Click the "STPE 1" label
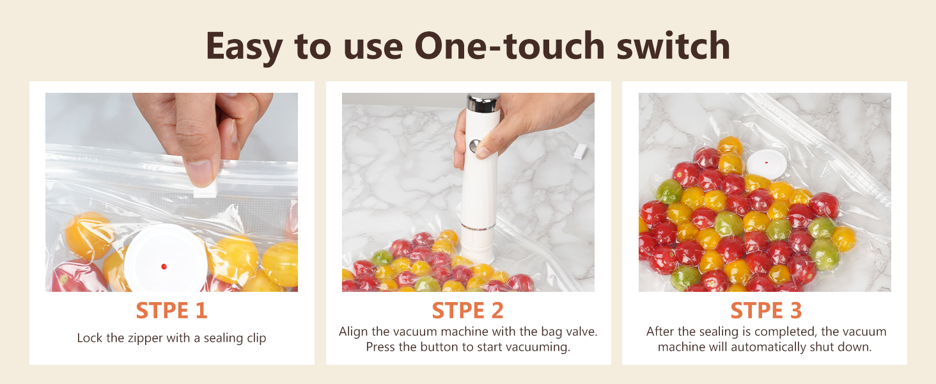click(172, 310)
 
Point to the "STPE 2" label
click(467, 310)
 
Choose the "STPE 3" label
click(766, 310)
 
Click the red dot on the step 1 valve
click(164, 266)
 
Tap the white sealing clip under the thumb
click(205, 190)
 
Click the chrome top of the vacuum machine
click(483, 102)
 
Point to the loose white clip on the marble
click(580, 151)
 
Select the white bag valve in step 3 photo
click(767, 164)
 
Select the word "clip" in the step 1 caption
click(256, 339)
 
